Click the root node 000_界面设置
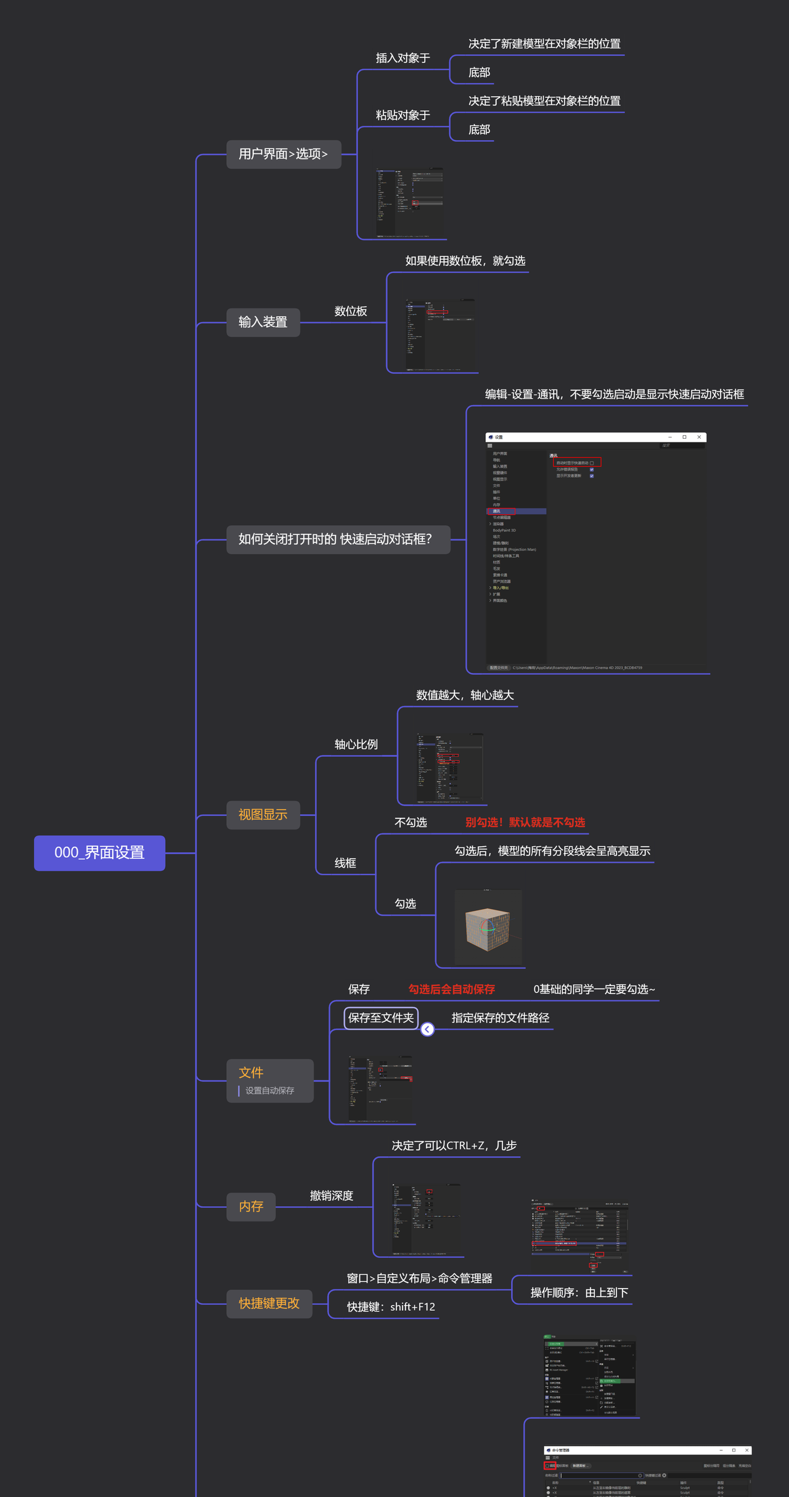[99, 852]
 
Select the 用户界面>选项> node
[284, 154]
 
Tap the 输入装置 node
[263, 322]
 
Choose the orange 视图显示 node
[263, 815]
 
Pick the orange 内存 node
[251, 1206]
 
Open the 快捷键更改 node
[269, 1303]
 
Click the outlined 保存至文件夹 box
[381, 1018]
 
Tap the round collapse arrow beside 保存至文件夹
[427, 1029]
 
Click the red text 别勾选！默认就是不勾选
[525, 822]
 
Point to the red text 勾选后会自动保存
[452, 989]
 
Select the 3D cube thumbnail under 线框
[488, 927]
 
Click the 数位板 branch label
[351, 311]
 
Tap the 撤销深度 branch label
[332, 1196]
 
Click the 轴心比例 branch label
[356, 744]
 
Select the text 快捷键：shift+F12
[391, 1307]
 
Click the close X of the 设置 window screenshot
[699, 437]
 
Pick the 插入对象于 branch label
[403, 58]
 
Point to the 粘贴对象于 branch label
[403, 115]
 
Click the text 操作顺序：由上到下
[579, 1292]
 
